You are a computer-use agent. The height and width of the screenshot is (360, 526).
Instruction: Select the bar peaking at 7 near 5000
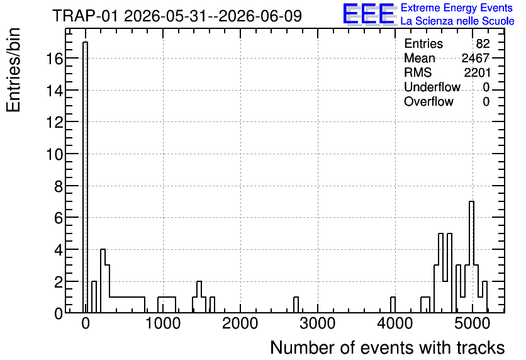pos(471,257)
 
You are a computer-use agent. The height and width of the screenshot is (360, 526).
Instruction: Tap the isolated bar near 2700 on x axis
pos(296,305)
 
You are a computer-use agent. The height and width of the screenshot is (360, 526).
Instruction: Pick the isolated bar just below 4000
pos(393,305)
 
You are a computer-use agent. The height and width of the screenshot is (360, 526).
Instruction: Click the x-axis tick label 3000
pos(317,323)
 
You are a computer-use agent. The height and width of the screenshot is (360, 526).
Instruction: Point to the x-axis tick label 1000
pos(163,323)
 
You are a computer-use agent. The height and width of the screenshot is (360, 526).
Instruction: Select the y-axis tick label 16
pos(54,59)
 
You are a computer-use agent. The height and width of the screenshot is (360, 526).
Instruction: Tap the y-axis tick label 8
pos(59,186)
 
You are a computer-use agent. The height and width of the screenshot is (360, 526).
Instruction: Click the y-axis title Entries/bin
pos(13,70)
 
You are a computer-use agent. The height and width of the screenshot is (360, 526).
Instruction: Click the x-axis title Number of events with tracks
pos(387,347)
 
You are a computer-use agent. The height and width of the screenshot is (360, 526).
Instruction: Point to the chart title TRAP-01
pos(85,16)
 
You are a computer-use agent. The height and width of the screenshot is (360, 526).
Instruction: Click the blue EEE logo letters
pos(369,14)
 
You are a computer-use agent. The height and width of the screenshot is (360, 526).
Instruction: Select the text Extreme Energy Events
pos(457,8)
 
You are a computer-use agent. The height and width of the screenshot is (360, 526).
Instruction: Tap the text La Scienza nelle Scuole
pos(457,21)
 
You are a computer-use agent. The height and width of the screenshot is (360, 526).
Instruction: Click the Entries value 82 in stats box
pos(483,43)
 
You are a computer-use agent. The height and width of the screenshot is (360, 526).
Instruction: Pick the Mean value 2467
pos(476,58)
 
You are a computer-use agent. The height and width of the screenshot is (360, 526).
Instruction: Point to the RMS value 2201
pos(478,72)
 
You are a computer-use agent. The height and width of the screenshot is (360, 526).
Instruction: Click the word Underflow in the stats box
pos(432,87)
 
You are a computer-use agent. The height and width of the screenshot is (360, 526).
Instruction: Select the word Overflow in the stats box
pos(428,101)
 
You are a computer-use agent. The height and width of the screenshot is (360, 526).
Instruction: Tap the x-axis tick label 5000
pos(472,323)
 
